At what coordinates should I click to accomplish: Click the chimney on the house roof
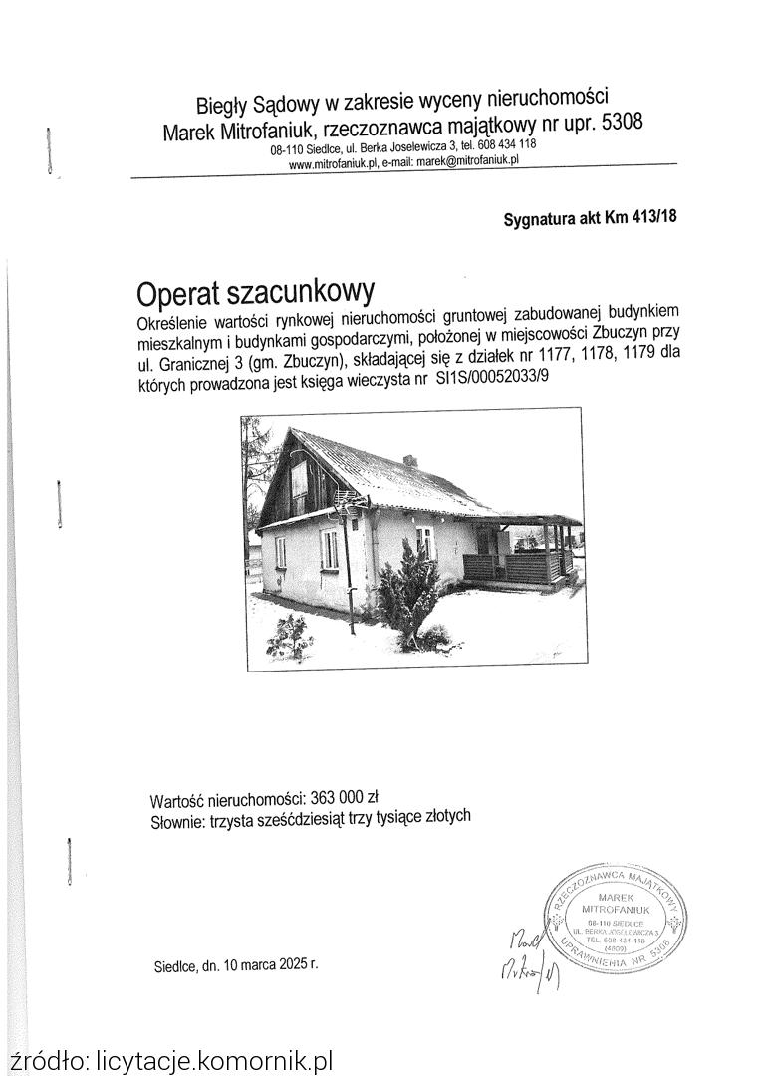coord(409,461)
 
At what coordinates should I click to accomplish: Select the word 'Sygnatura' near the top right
coord(539,220)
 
